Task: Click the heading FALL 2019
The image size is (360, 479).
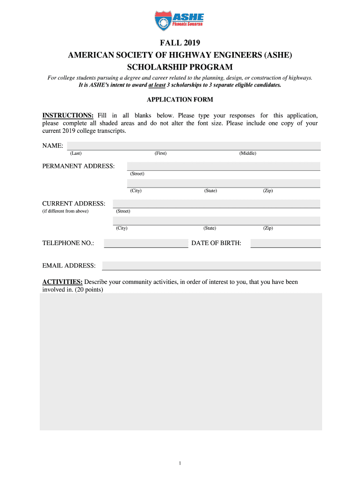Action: (x=180, y=45)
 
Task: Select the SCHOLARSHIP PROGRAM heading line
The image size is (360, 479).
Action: (x=180, y=67)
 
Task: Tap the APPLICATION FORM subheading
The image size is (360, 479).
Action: (x=180, y=100)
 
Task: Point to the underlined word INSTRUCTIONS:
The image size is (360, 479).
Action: (x=68, y=116)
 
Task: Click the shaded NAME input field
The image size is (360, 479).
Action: (x=194, y=145)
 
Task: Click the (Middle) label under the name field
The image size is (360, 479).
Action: (x=248, y=153)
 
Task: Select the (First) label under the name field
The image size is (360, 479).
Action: (x=160, y=153)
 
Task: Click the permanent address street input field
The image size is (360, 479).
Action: (x=223, y=166)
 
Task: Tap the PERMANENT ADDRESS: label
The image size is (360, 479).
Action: (x=79, y=167)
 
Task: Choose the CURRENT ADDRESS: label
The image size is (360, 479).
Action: (x=74, y=203)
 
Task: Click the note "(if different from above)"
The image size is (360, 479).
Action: (x=65, y=211)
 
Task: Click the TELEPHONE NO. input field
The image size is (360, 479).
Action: (x=146, y=243)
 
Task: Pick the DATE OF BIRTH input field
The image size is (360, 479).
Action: (x=286, y=243)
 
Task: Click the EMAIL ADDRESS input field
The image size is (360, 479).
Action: (x=211, y=266)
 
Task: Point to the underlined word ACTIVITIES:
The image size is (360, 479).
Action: (x=63, y=282)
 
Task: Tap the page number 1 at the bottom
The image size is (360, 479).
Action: (x=180, y=463)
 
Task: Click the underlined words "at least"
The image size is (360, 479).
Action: (x=157, y=86)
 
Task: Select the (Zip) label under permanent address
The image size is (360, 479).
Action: (x=268, y=191)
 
